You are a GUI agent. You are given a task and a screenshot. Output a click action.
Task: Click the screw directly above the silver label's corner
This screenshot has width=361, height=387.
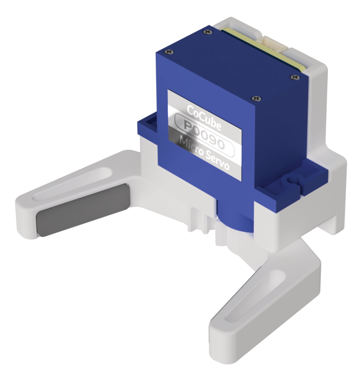tap(255, 99)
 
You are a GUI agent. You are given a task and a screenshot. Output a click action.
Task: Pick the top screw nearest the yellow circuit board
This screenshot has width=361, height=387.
tap(207, 32)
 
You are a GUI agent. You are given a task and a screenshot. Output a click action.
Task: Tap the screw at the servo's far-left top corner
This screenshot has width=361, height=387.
tap(168, 52)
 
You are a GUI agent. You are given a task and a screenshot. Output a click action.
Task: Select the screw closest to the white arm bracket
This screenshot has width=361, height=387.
tap(294, 77)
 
